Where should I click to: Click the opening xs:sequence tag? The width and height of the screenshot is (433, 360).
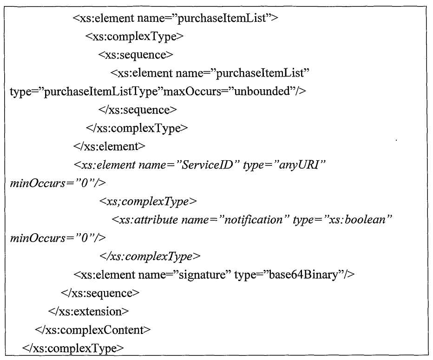(x=136, y=55)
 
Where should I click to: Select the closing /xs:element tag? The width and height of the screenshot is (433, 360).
(x=109, y=146)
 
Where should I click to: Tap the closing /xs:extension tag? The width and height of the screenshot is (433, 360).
(x=88, y=311)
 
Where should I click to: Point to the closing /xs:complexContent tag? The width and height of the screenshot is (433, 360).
(x=93, y=330)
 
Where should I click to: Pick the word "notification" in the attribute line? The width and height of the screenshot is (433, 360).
(x=253, y=220)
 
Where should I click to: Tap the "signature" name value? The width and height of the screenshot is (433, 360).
(x=201, y=275)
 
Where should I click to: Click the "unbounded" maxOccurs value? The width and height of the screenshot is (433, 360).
(x=262, y=91)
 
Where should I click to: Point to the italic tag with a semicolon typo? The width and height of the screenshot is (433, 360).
(x=148, y=202)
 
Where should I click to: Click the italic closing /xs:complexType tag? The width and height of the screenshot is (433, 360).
(x=150, y=256)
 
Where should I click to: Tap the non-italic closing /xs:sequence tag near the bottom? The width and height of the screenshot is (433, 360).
(x=100, y=293)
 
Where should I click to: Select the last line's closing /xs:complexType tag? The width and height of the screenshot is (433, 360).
(x=73, y=348)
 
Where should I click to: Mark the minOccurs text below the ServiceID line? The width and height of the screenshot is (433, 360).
(x=58, y=183)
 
